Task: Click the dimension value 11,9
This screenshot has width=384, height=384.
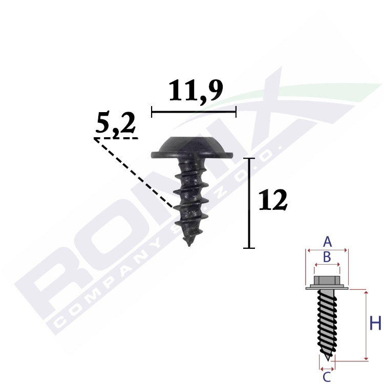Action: tap(196, 91)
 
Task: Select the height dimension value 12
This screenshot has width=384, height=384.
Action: tap(273, 200)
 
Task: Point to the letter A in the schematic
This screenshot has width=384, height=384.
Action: tap(327, 242)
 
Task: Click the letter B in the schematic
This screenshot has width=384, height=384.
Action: tap(327, 257)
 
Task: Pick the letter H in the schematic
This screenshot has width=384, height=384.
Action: tap(375, 323)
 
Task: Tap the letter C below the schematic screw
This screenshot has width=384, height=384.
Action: tap(327, 377)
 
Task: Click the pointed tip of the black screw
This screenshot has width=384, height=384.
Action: tap(188, 245)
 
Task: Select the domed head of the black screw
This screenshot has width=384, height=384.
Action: tap(192, 147)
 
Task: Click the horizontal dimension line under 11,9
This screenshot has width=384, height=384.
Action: tap(194, 112)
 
